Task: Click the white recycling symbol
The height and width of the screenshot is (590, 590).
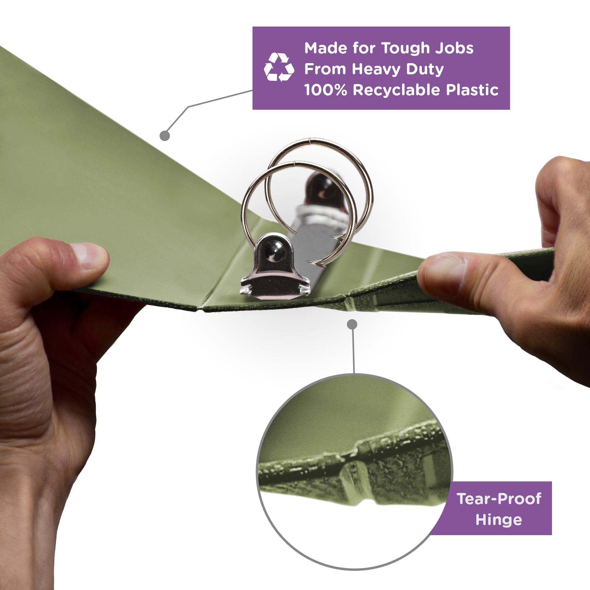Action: [279, 67]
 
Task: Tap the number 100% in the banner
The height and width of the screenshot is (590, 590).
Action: [326, 90]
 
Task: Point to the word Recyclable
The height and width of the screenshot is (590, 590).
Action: [396, 90]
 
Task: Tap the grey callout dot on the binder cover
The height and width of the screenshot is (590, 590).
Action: [165, 136]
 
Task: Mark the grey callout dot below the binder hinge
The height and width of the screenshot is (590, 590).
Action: [352, 324]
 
